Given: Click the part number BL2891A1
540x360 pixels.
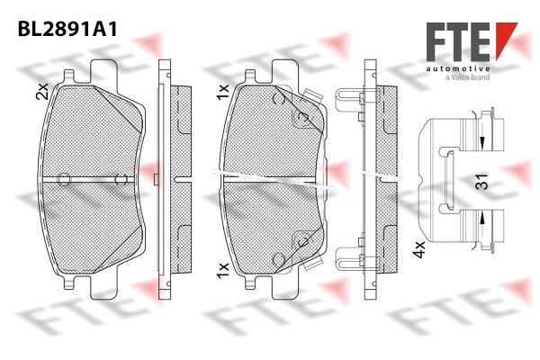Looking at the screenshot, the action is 67,29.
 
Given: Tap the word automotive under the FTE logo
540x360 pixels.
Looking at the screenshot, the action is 458,69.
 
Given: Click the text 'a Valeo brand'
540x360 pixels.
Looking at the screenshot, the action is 467,77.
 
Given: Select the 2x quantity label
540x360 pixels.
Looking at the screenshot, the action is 42,91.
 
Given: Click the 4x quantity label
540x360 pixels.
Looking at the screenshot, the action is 419,249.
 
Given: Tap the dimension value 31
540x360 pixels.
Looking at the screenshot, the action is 481,182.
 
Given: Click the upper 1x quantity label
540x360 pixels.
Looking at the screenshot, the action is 222,91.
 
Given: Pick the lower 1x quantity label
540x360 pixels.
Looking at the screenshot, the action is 222,270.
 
